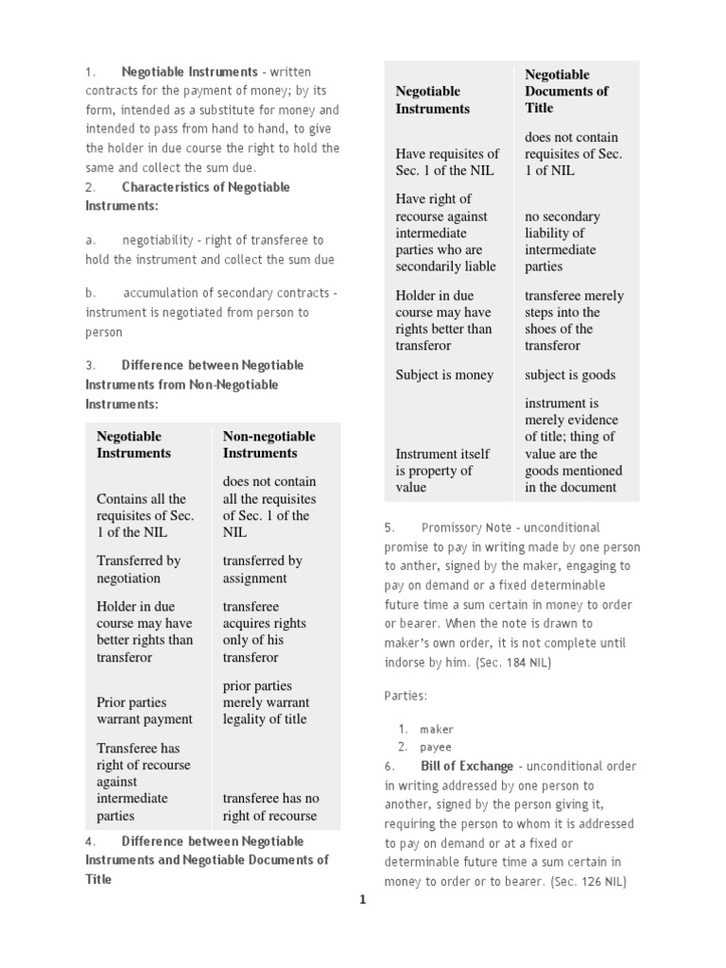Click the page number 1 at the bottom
(361, 901)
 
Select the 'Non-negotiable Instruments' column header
(268, 444)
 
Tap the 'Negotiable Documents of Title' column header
(566, 91)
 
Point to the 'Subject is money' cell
(444, 374)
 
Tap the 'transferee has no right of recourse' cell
(270, 807)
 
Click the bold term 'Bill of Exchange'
(467, 766)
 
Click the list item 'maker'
(437, 729)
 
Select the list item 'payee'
(437, 747)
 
